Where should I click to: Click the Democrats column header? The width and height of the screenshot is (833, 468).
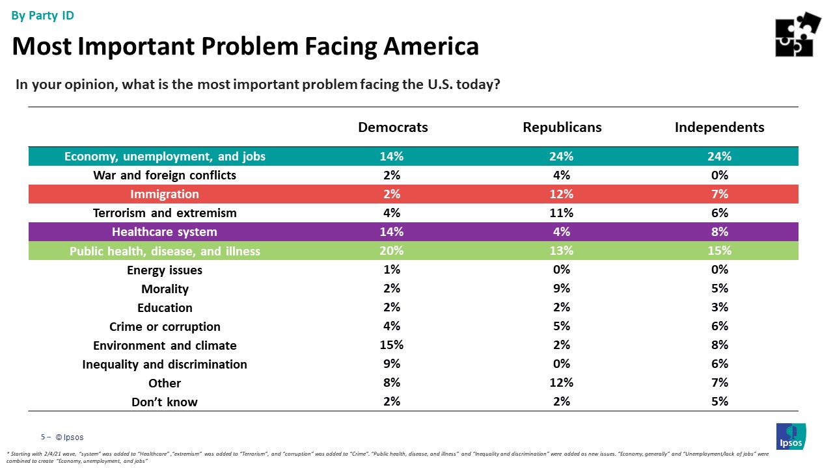[393, 127]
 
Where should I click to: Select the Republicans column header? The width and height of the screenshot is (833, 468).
[562, 127]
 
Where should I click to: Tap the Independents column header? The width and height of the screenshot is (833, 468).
[719, 127]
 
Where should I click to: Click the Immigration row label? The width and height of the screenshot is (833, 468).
[165, 194]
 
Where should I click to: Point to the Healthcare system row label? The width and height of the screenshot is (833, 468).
[165, 232]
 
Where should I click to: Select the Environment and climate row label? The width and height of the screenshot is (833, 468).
[165, 346]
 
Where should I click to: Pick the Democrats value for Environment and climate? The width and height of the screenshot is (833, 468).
[392, 345]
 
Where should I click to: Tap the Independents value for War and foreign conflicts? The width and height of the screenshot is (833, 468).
[720, 175]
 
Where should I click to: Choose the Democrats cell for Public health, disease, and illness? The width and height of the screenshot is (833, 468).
[392, 251]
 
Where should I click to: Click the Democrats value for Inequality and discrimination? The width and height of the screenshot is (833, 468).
[392, 364]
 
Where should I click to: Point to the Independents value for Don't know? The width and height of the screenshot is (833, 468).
[720, 402]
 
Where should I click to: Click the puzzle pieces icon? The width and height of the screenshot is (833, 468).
[798, 34]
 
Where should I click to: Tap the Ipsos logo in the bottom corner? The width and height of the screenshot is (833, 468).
[791, 435]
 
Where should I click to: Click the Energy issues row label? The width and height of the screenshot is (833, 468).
[165, 270]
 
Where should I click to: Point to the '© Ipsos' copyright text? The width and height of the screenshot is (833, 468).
[69, 437]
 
